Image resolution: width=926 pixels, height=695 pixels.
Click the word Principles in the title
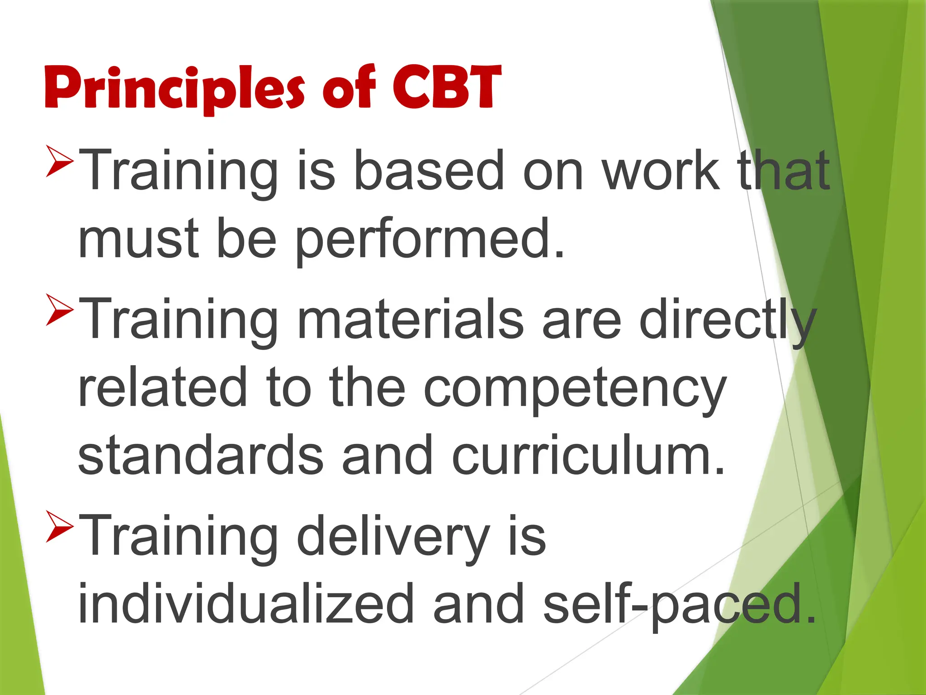coord(174,88)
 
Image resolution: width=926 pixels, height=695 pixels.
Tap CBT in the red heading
coord(447,88)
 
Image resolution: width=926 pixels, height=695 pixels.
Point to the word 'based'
coord(428,171)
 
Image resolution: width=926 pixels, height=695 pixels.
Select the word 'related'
coord(162,387)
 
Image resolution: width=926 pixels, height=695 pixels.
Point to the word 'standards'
coord(201,455)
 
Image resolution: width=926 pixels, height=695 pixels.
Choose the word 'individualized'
coord(246,604)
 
